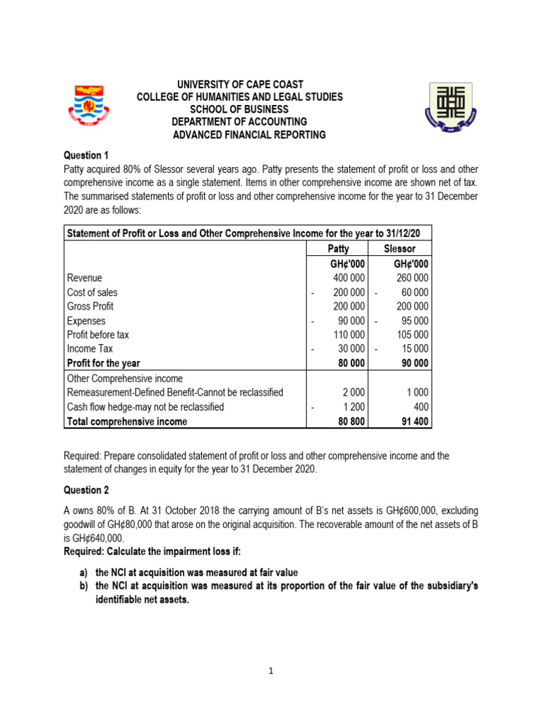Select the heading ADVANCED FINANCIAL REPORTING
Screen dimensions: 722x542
point(249,135)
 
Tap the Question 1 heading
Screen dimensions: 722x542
point(88,155)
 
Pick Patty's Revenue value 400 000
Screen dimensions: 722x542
point(349,278)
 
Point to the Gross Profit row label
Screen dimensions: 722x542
point(90,306)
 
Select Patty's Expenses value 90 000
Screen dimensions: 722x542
point(351,321)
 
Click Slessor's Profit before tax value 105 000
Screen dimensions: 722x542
point(412,335)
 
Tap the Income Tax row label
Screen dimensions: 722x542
point(90,349)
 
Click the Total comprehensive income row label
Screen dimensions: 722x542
point(127,422)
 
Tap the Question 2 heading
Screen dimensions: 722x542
point(88,490)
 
